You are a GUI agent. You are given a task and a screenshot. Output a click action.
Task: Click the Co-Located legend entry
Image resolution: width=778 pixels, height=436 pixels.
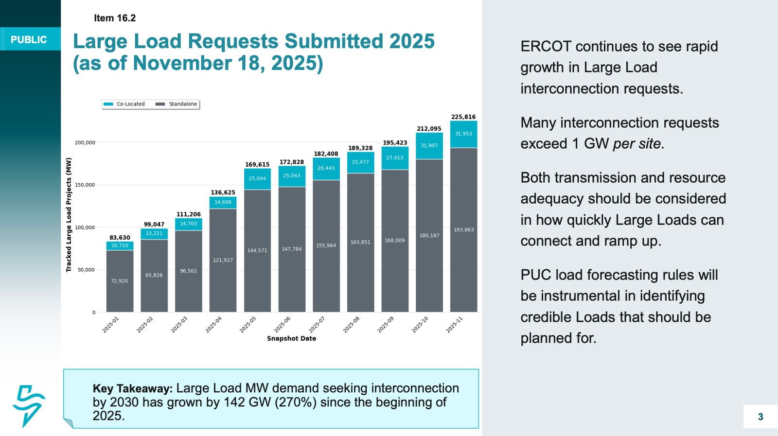(x=124, y=104)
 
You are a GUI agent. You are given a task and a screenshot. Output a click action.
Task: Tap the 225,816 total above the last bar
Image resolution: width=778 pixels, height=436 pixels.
(x=463, y=117)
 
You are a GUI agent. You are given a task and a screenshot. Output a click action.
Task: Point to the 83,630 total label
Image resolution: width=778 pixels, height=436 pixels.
(x=120, y=238)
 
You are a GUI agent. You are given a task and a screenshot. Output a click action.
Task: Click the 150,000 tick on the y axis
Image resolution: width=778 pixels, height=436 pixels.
(x=85, y=185)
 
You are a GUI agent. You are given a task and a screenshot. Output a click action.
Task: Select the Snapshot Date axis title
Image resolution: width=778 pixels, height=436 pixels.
(x=291, y=339)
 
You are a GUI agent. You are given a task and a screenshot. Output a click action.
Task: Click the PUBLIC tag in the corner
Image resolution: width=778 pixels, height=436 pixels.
(x=29, y=40)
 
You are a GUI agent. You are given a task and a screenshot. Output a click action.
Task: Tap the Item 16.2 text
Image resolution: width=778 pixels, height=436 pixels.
(x=115, y=18)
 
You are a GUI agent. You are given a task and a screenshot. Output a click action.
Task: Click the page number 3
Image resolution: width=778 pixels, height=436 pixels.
(x=760, y=417)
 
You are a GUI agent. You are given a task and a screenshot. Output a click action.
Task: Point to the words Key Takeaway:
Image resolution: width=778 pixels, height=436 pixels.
(x=132, y=388)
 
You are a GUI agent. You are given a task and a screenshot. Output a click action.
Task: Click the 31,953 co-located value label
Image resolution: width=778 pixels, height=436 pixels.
(x=463, y=134)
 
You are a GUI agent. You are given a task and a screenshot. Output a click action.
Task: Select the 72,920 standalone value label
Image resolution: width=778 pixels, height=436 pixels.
(x=120, y=281)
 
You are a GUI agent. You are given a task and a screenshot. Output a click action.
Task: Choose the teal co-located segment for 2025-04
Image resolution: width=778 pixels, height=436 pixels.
(x=223, y=203)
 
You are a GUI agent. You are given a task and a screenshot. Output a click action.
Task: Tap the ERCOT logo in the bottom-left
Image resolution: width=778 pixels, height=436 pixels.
(x=28, y=406)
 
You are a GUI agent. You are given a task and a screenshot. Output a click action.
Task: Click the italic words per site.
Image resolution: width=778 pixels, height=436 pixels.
(x=638, y=144)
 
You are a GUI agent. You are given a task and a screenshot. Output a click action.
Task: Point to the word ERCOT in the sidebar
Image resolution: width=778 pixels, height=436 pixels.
(x=546, y=47)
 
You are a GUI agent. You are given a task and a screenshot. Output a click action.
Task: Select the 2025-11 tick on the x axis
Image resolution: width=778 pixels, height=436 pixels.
(x=455, y=324)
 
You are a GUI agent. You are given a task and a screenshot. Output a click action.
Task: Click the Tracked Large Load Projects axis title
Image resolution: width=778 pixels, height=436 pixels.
(x=69, y=215)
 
